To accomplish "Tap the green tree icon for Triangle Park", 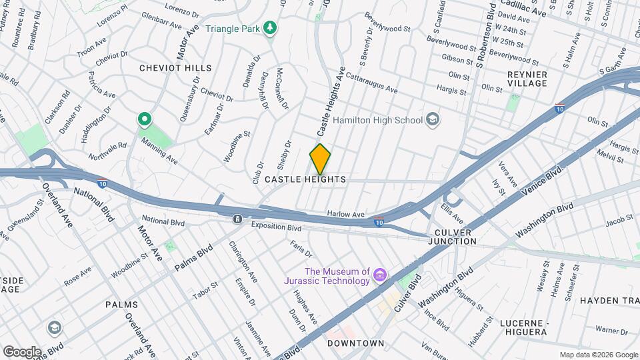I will pos(270,28).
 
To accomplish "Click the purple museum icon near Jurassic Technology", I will pos(380,275).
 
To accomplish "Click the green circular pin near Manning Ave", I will pos(143,120).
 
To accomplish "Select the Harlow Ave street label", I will pos(346,215).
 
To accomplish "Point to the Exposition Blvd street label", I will pos(276,227).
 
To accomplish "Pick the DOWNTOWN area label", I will pos(356,343).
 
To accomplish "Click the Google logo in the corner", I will pos(21,351).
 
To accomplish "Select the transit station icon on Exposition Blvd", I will pos(237,219).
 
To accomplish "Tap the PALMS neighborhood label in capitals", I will pos(121,305).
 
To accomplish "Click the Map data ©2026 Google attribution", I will pos(597,355).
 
